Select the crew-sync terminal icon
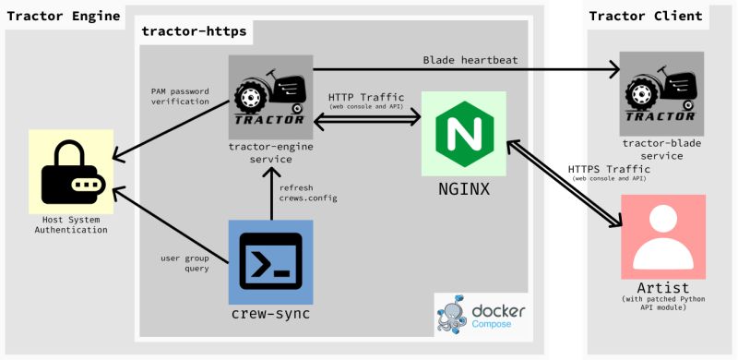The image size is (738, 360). click(x=270, y=262)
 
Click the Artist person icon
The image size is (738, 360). click(x=663, y=235)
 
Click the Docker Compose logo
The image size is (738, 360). click(x=481, y=315)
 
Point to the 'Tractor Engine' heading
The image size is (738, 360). click(x=64, y=16)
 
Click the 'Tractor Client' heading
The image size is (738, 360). click(x=645, y=16)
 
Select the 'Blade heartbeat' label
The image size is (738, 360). click(x=470, y=61)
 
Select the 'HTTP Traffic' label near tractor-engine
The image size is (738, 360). click(x=366, y=98)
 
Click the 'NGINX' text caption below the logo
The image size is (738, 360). click(x=463, y=190)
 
